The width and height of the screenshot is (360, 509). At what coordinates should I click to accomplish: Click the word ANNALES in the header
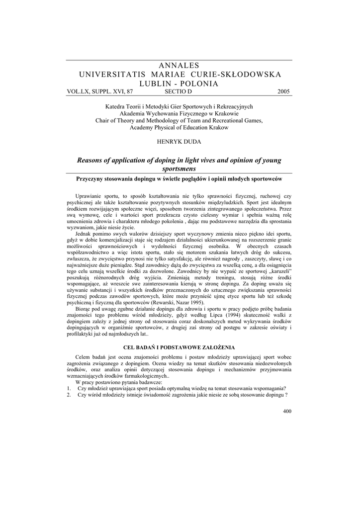(x=180, y=66)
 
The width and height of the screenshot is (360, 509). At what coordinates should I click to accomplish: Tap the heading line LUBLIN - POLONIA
(x=180, y=84)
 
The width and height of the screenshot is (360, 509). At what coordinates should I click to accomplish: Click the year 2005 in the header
(x=283, y=91)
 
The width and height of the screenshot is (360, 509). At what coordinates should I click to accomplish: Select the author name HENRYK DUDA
(x=180, y=142)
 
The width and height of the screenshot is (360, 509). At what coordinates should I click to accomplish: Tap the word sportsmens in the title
(x=180, y=169)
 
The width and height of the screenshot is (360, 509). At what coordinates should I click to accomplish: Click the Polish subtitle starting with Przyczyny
(x=180, y=178)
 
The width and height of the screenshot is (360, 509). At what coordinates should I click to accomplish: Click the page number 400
(x=287, y=411)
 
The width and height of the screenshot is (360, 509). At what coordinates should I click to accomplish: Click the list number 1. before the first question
(x=70, y=388)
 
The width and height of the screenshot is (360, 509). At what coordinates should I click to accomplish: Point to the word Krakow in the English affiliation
(x=219, y=127)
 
